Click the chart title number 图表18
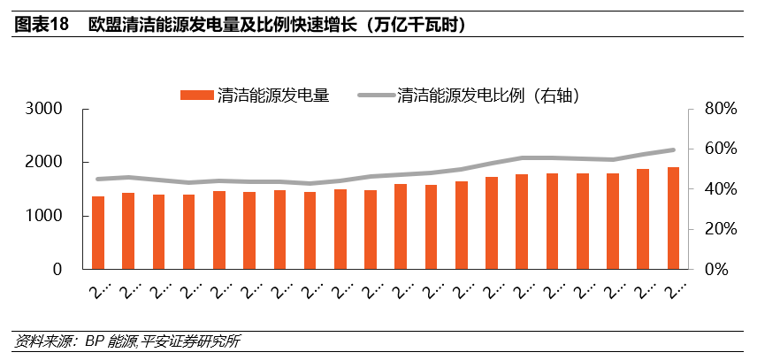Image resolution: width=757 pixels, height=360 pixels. coord(41,25)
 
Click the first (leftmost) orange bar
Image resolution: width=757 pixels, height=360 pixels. coord(98,233)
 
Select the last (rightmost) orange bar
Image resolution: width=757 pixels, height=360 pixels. coord(673,218)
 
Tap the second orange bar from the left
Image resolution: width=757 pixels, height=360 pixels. coord(128,231)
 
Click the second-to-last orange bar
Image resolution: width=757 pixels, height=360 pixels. coord(643,219)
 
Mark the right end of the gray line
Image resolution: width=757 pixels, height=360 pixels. coord(673,150)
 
